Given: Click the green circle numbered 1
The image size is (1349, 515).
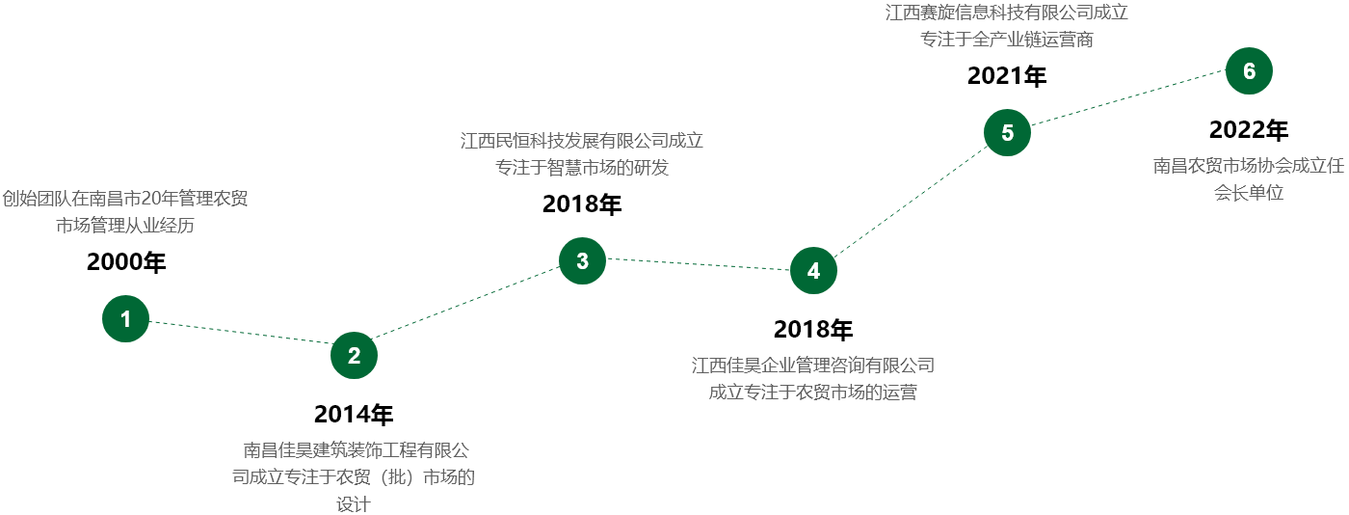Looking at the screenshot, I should [126, 319].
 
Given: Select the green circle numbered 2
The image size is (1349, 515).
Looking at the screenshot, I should [354, 355].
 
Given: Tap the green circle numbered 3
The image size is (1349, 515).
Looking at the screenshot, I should [582, 260].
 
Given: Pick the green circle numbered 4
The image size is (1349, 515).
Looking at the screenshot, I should [813, 271].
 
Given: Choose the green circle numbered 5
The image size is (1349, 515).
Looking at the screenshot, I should [1007, 133].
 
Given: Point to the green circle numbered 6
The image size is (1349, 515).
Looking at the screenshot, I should [1249, 71].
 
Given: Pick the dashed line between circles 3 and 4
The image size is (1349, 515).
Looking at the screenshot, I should [698, 265].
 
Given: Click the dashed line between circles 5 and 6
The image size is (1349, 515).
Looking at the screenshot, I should [1127, 102].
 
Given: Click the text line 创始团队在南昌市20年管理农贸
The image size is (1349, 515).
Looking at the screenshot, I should [124, 199].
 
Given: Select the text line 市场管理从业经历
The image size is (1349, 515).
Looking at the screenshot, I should [125, 226].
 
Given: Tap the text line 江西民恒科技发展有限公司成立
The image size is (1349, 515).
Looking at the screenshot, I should [581, 141].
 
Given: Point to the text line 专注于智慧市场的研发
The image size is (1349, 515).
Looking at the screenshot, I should [581, 167].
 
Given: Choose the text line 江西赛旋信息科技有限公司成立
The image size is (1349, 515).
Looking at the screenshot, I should [1006, 14].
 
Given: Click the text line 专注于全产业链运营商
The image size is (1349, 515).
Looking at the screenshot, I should [1006, 40].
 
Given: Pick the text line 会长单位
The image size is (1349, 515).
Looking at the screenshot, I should [1248, 192].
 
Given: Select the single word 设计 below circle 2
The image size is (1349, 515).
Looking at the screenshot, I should [354, 503].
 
